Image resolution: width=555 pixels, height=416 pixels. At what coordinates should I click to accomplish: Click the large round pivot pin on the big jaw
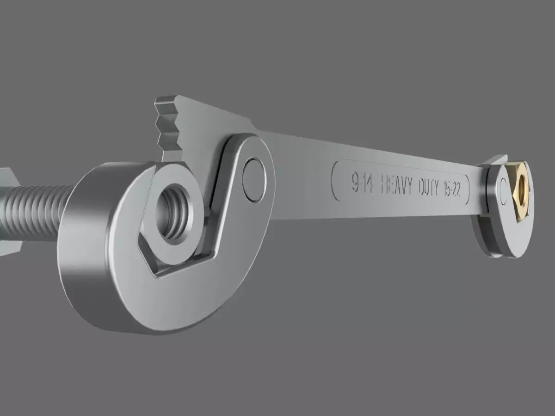(253, 179)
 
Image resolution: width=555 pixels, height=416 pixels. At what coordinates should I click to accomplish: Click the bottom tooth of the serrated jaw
(167, 139)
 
